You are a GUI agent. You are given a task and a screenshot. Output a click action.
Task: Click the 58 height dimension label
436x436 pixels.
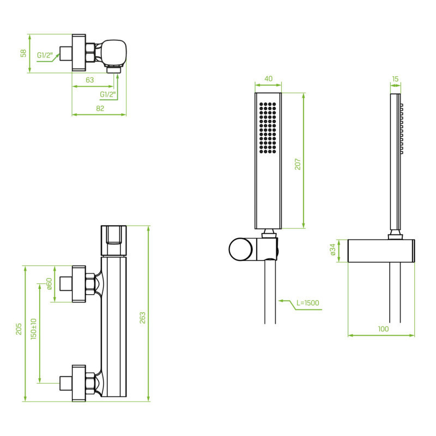23,53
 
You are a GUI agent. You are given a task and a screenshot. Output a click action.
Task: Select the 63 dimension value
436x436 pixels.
89,80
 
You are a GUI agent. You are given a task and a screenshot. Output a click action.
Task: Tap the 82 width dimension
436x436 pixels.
100,108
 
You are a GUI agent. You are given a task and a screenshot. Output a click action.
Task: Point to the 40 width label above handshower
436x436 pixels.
268,78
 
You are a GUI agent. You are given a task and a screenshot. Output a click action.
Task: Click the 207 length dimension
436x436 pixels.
298,164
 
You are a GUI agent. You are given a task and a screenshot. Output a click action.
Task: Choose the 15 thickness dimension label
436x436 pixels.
395,79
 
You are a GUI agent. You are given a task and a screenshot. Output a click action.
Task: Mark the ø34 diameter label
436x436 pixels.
332,250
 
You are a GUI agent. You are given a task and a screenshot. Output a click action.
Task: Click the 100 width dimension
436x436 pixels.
383,329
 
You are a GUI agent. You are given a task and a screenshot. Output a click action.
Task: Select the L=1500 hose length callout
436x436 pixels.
307,303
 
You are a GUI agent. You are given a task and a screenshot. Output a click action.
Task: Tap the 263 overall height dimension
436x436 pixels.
142,318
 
